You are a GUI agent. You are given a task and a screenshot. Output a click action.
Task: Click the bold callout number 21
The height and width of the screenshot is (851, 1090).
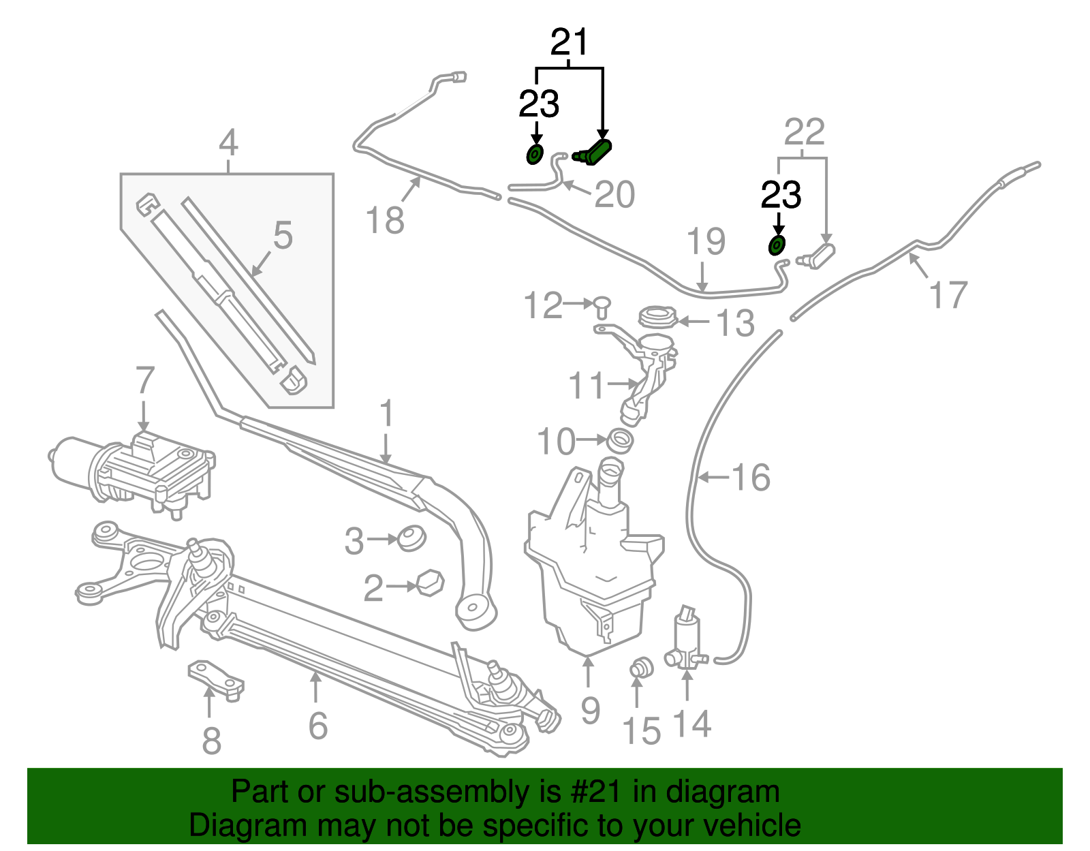(569, 44)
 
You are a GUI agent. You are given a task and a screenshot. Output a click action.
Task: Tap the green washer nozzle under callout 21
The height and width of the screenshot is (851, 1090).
(594, 153)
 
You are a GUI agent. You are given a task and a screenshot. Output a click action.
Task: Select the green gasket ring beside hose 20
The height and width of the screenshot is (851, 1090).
(535, 155)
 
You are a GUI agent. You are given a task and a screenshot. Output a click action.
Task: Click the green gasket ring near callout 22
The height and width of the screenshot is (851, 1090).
(777, 245)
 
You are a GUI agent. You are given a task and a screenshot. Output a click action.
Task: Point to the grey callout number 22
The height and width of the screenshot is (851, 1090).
(804, 133)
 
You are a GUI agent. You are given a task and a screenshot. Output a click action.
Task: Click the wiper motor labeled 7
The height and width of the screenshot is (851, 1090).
(136, 470)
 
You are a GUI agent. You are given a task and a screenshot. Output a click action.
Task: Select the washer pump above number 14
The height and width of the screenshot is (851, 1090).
(687, 637)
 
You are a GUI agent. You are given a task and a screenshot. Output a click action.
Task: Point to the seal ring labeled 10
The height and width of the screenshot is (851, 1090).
(620, 441)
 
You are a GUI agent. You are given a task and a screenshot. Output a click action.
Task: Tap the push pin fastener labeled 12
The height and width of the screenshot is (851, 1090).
(602, 306)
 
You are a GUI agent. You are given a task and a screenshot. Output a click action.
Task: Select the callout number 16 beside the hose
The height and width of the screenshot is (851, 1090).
(751, 478)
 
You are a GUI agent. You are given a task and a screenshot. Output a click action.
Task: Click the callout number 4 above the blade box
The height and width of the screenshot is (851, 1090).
(228, 144)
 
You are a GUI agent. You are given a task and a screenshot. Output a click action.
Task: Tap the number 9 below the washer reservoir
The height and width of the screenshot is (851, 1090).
(590, 710)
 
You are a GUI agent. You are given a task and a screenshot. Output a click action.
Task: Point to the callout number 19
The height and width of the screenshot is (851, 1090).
(706, 243)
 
